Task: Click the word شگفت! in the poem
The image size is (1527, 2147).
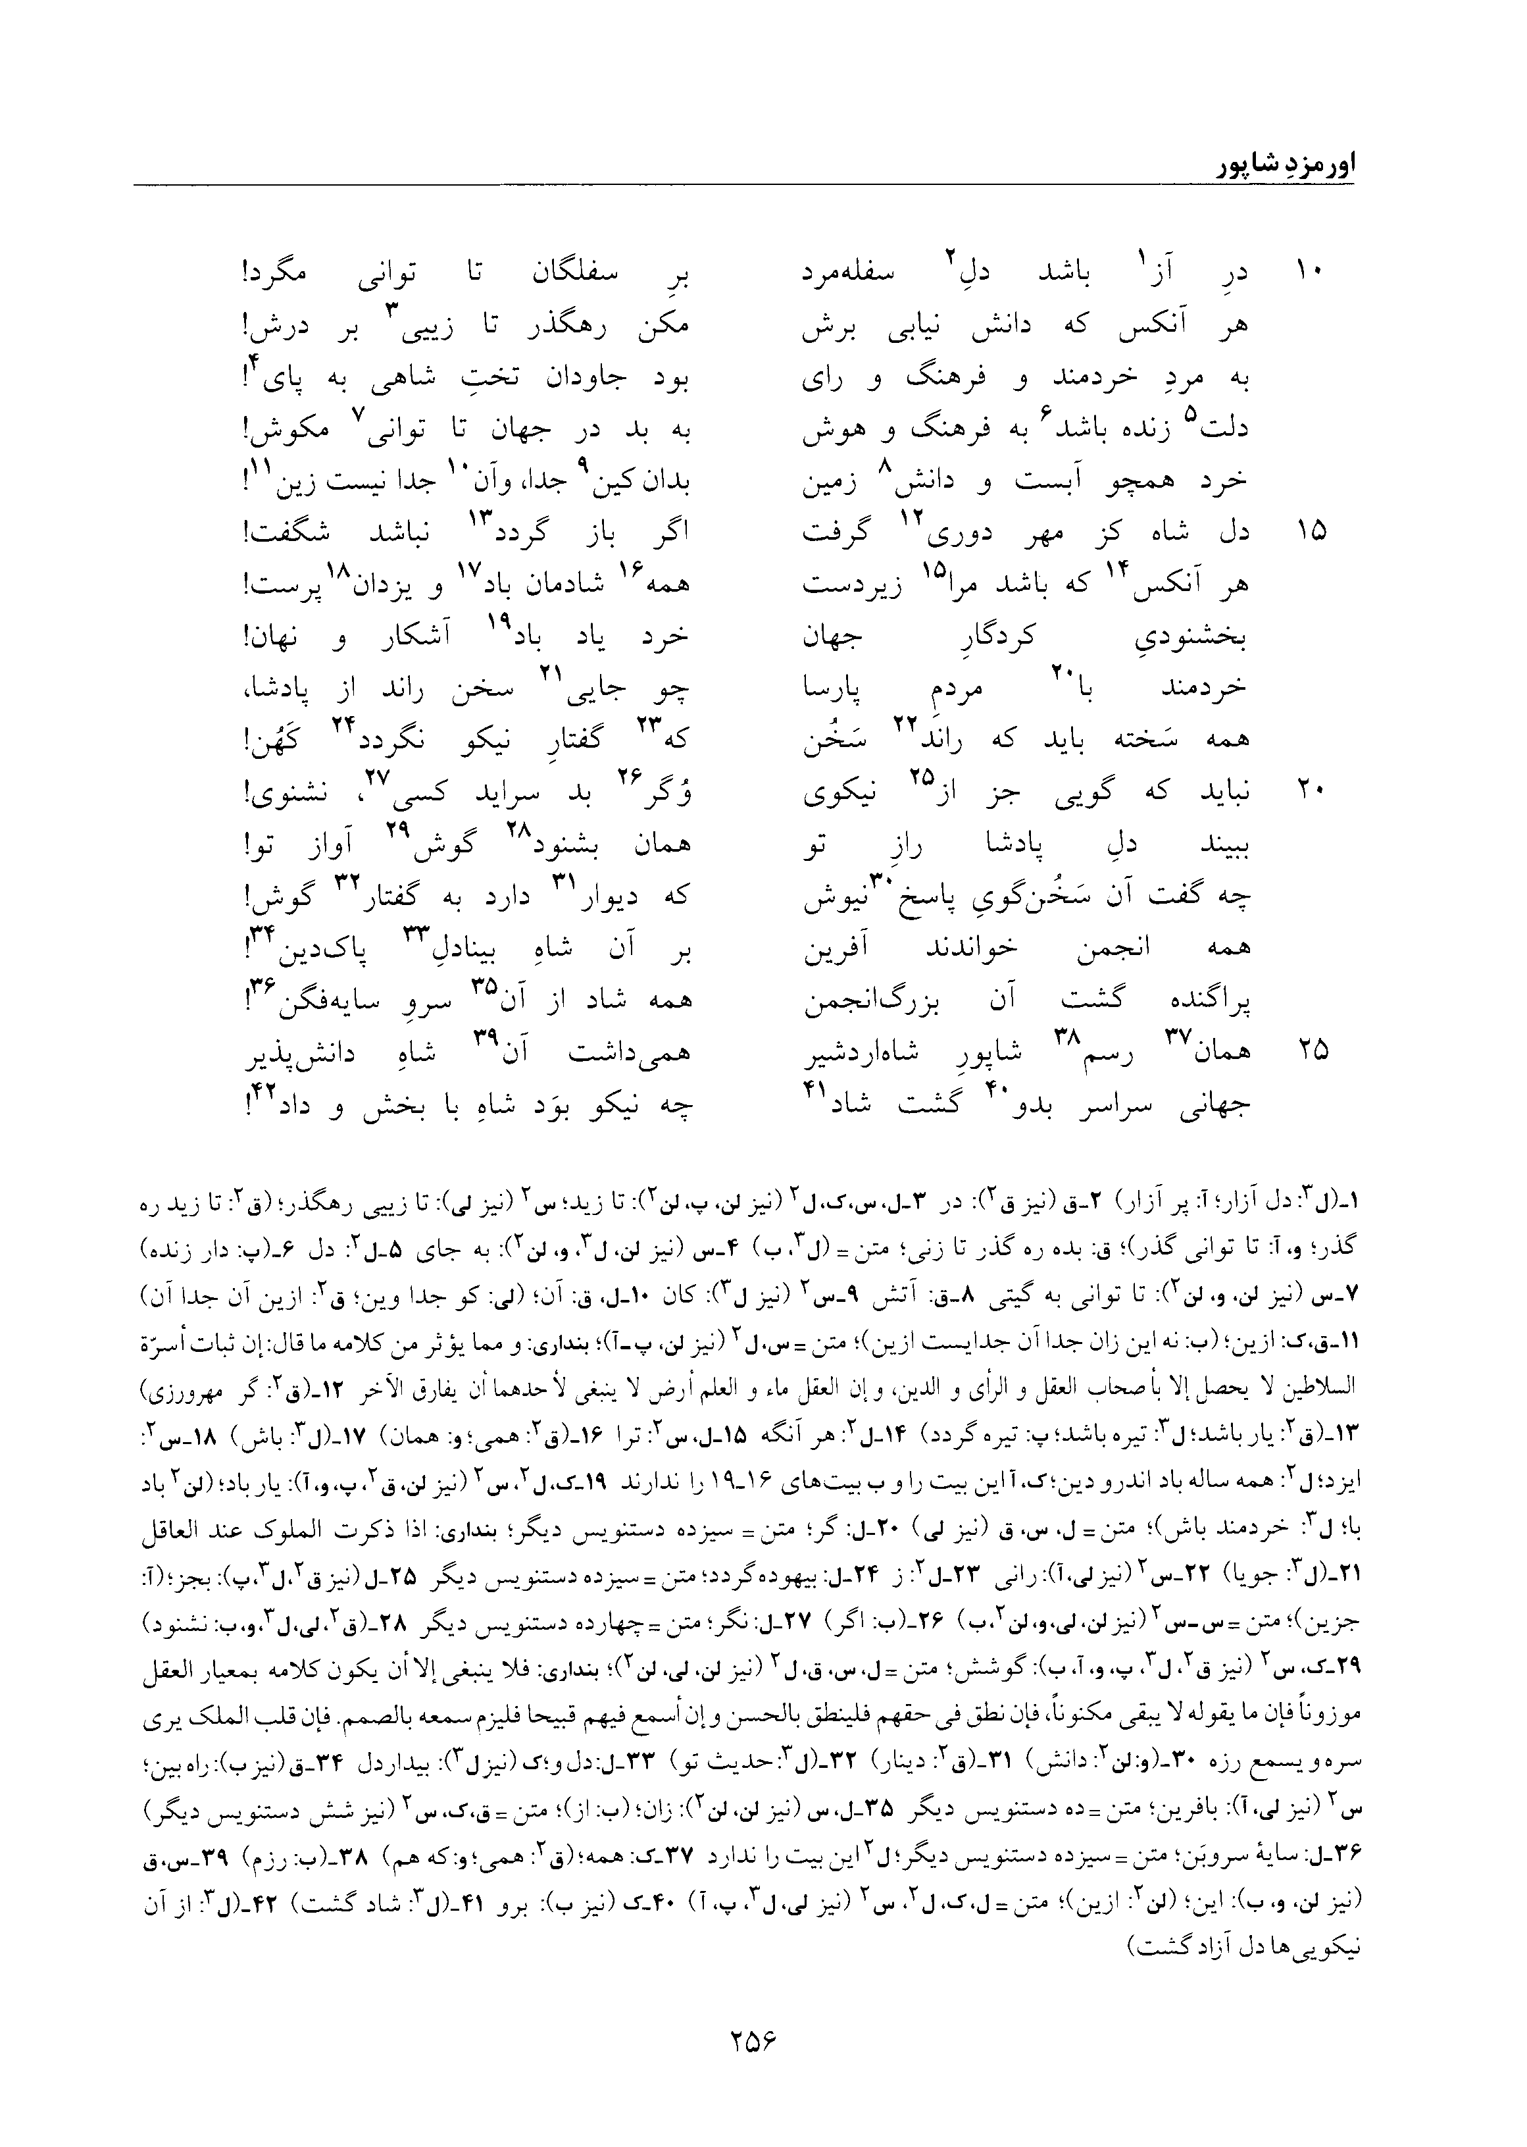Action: click(279, 533)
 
